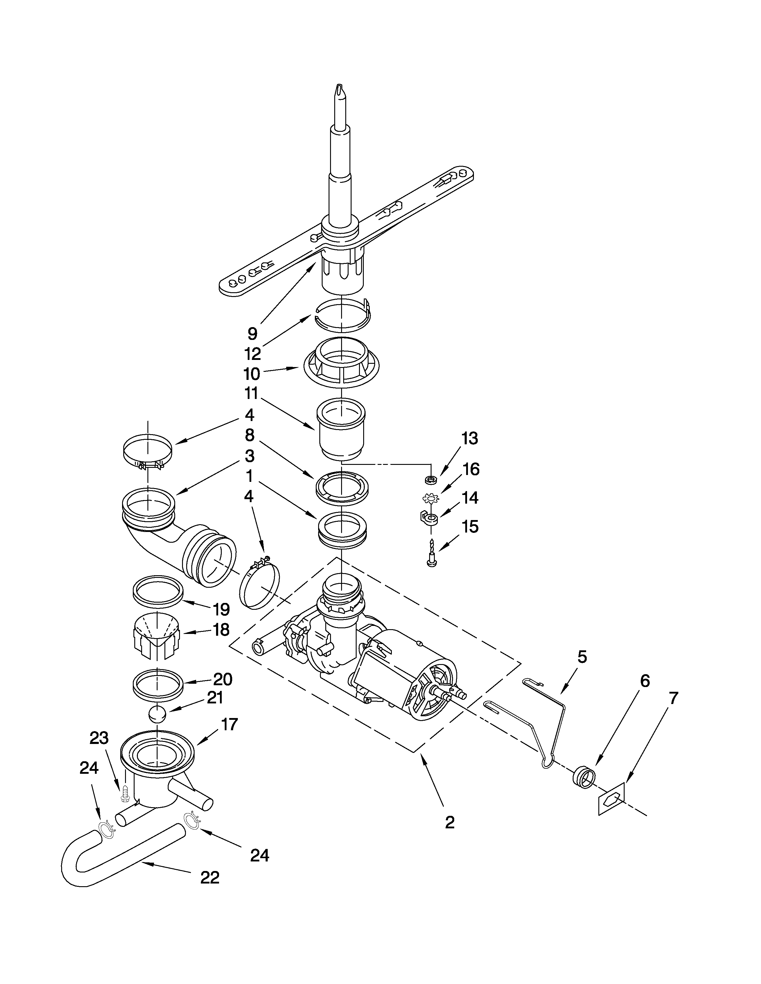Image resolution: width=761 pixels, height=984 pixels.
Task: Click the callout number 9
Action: [x=252, y=333]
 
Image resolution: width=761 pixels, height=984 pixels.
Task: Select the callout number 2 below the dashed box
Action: [x=449, y=823]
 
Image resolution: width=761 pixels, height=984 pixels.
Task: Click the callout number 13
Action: [x=469, y=438]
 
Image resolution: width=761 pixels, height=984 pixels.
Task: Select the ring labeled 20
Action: [x=158, y=685]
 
